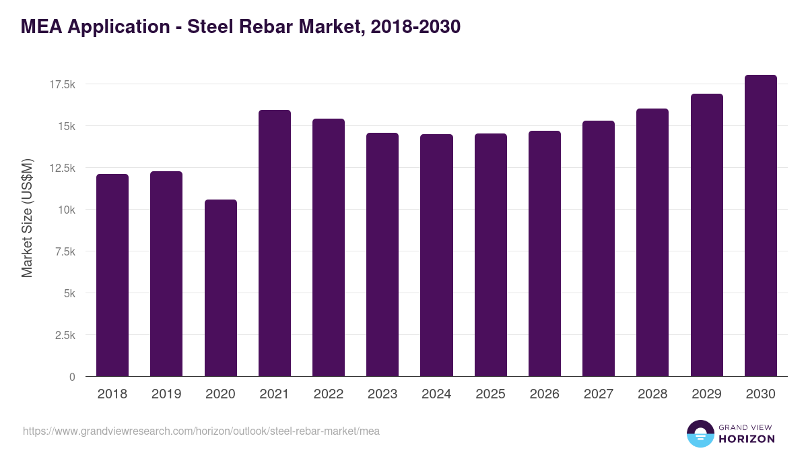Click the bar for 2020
(220, 288)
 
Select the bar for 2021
(275, 243)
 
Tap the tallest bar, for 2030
(760, 226)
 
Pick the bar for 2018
(112, 275)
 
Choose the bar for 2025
(490, 255)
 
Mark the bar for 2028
(652, 243)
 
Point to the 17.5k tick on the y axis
(61, 84)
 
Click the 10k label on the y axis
(66, 210)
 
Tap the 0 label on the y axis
(71, 377)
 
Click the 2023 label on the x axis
(382, 394)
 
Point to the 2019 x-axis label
(166, 394)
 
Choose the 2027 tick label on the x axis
(599, 394)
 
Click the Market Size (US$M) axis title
(28, 218)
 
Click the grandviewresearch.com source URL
(201, 431)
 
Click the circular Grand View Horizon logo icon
(700, 433)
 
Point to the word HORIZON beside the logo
(747, 439)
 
